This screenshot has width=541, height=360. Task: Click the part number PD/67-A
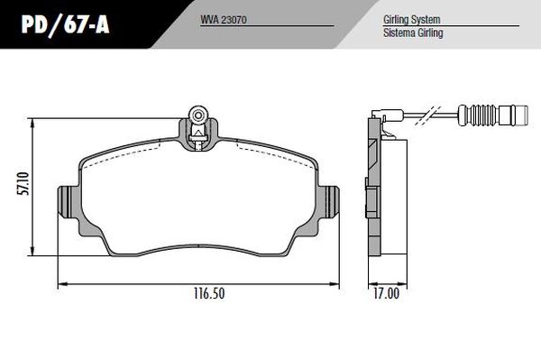click(x=56, y=25)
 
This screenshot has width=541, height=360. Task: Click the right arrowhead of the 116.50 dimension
click(x=336, y=284)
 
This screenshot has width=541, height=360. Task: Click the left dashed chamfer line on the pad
click(x=126, y=153)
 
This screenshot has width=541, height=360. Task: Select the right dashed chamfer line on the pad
click(x=270, y=153)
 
